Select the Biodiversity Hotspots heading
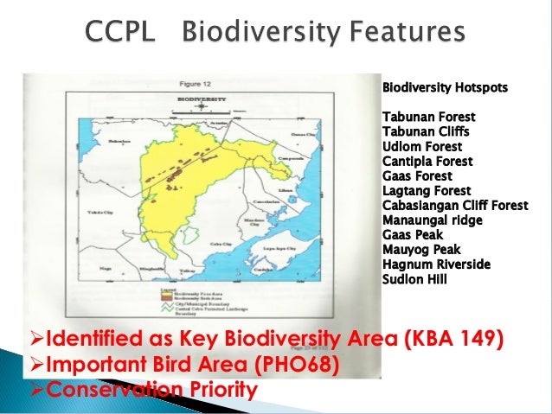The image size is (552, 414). pos(446,88)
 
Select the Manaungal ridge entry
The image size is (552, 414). pos(432,220)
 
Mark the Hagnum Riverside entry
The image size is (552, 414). pos(430,264)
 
